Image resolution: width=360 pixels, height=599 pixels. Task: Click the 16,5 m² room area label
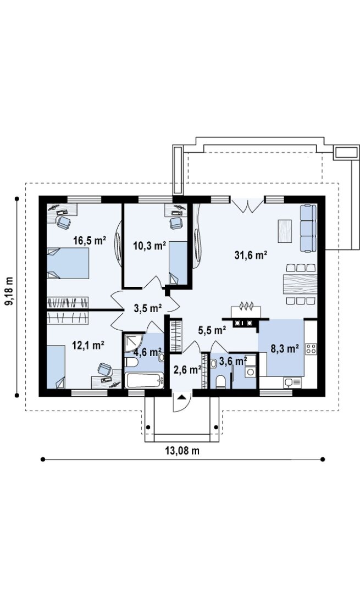pos(90,241)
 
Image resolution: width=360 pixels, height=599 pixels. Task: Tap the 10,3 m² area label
pos(149,246)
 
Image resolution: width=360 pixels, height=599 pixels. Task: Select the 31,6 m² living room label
pos(251,256)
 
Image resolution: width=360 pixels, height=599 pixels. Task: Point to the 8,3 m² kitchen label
pos(285,348)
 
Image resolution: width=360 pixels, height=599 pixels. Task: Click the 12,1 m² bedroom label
pos(88,345)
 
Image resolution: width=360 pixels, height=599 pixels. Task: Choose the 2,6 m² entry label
pos(187,370)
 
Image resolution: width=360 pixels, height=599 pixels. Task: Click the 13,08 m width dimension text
pos(182,451)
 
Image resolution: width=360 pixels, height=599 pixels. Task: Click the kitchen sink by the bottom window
pos(292,382)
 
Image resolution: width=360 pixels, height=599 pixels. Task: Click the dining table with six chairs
pos(301,284)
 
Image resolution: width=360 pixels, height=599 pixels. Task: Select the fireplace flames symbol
pos(246,306)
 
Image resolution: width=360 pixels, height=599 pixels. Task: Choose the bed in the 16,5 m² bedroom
pos(68,263)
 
